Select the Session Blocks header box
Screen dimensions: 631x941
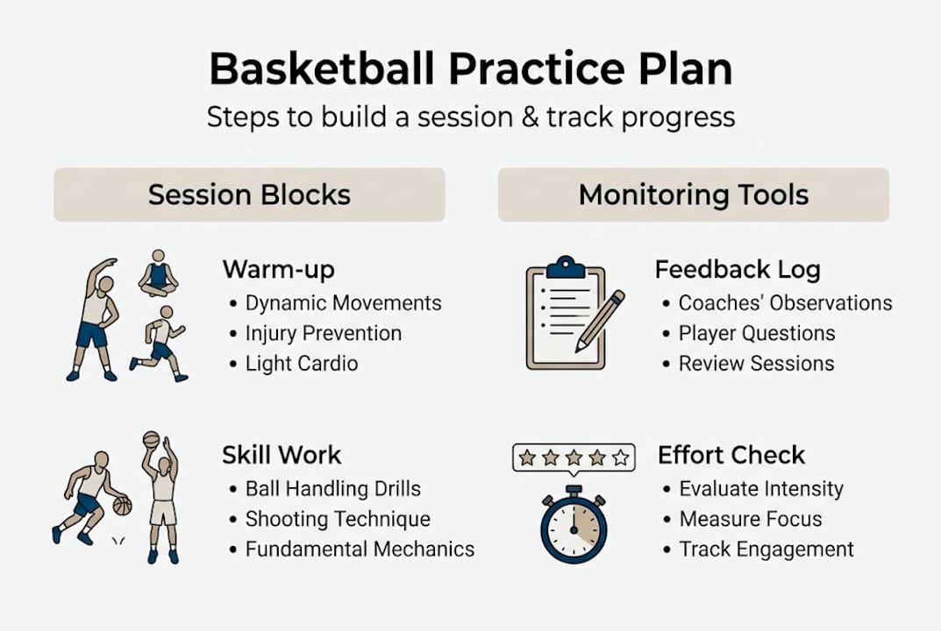tap(249, 195)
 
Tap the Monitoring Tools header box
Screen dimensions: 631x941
tap(693, 195)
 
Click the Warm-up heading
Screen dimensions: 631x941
tap(278, 269)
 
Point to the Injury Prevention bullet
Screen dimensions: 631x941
tap(323, 334)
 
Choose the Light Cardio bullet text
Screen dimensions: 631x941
tap(301, 364)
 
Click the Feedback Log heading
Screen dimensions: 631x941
tap(738, 269)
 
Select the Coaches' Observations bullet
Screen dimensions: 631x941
tap(785, 303)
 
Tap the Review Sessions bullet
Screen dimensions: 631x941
tap(756, 364)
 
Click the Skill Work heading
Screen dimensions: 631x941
tap(282, 455)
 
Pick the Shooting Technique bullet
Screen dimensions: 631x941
tap(338, 519)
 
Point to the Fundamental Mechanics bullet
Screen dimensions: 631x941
tap(360, 549)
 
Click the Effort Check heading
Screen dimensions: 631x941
tap(731, 455)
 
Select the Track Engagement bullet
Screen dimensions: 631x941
tap(766, 549)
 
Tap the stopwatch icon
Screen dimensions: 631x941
tap(574, 526)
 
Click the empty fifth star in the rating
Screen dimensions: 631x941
tap(621, 457)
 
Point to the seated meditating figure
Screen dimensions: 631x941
tap(158, 273)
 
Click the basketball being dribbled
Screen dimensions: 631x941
tap(122, 506)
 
